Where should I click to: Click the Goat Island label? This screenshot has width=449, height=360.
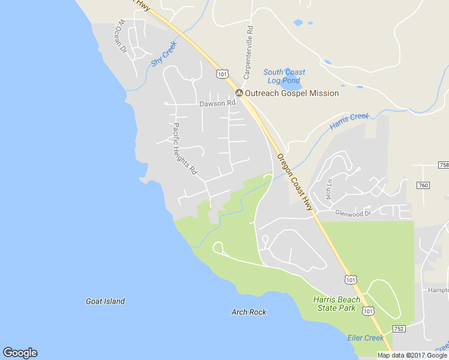tap(106, 301)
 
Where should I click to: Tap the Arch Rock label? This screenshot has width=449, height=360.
tap(249, 312)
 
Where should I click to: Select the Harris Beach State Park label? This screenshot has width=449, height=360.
tap(337, 304)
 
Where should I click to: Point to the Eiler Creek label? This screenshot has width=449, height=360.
tap(365, 338)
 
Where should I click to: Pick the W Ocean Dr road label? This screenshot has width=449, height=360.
tap(122, 36)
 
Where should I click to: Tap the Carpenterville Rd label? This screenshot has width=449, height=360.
tap(247, 53)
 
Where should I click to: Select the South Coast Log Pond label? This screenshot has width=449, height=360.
tap(284, 76)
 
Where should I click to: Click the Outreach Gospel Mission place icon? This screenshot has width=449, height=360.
tap(239, 93)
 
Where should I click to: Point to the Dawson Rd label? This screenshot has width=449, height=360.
tap(217, 103)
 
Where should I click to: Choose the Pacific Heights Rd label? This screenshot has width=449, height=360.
tap(185, 148)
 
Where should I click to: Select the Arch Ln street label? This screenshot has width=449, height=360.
tap(329, 190)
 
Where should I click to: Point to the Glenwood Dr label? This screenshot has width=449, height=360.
tap(354, 212)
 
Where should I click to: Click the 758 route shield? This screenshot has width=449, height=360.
tap(444, 164)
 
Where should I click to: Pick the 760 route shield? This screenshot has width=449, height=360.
tap(423, 185)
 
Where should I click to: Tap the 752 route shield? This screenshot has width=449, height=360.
tap(399, 328)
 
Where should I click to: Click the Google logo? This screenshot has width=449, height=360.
tap(20, 353)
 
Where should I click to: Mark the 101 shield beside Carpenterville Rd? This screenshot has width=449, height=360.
tap(222, 74)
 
